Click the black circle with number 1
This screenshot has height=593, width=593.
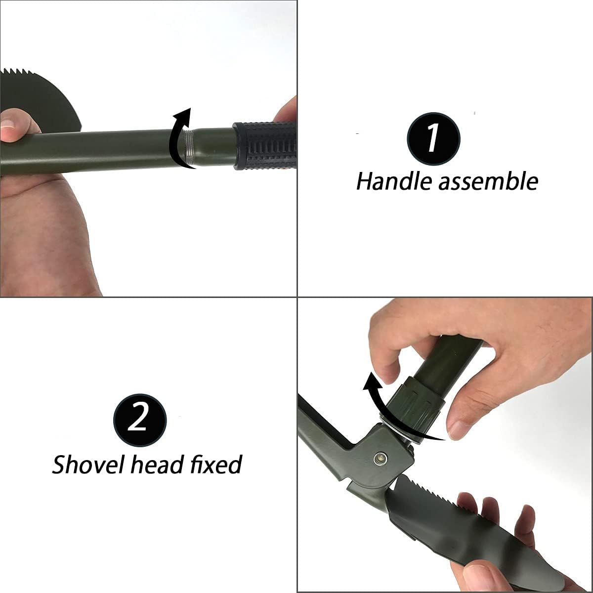click(433, 139)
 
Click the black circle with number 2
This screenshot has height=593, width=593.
click(140, 420)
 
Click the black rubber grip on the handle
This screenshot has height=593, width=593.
click(264, 146)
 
